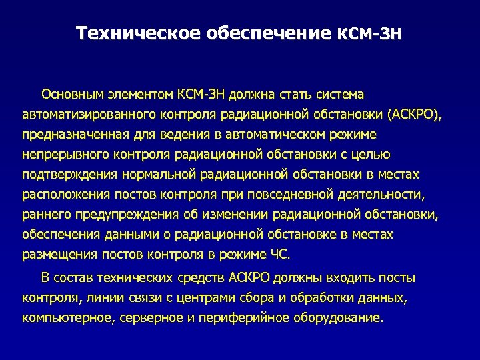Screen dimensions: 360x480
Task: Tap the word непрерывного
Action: point(62,155)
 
